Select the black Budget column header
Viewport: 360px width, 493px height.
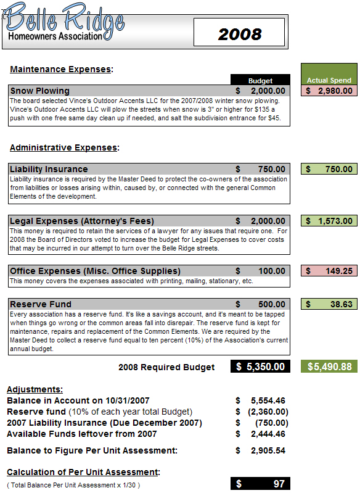click(x=260, y=80)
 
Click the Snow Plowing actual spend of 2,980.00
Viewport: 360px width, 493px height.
click(x=329, y=91)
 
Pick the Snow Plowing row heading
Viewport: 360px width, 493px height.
click(x=40, y=91)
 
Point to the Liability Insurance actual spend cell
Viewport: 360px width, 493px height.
click(x=329, y=169)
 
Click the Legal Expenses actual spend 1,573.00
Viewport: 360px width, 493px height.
click(x=329, y=221)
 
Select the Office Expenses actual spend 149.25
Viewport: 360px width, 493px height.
click(x=329, y=271)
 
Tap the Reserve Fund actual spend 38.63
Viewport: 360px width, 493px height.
click(x=329, y=304)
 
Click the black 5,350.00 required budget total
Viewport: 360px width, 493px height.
click(x=260, y=367)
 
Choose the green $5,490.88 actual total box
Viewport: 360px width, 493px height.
click(x=329, y=367)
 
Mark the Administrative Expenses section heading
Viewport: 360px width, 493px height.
click(x=64, y=147)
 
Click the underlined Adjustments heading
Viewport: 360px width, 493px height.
click(x=35, y=389)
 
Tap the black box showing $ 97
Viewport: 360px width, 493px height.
click(x=260, y=484)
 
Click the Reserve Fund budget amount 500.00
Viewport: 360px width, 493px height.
click(x=271, y=304)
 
